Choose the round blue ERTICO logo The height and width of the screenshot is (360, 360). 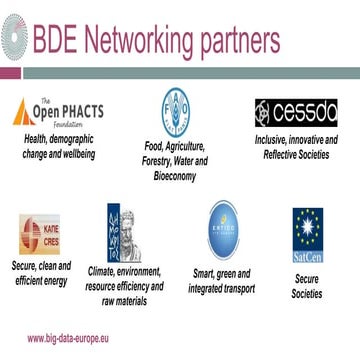222,230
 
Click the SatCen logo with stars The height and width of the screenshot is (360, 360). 306,233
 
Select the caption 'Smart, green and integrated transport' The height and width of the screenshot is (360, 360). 221,280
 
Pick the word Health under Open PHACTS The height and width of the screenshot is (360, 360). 39,139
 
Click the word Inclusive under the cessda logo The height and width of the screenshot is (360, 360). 273,140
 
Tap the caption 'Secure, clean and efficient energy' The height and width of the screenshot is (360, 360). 41,274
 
